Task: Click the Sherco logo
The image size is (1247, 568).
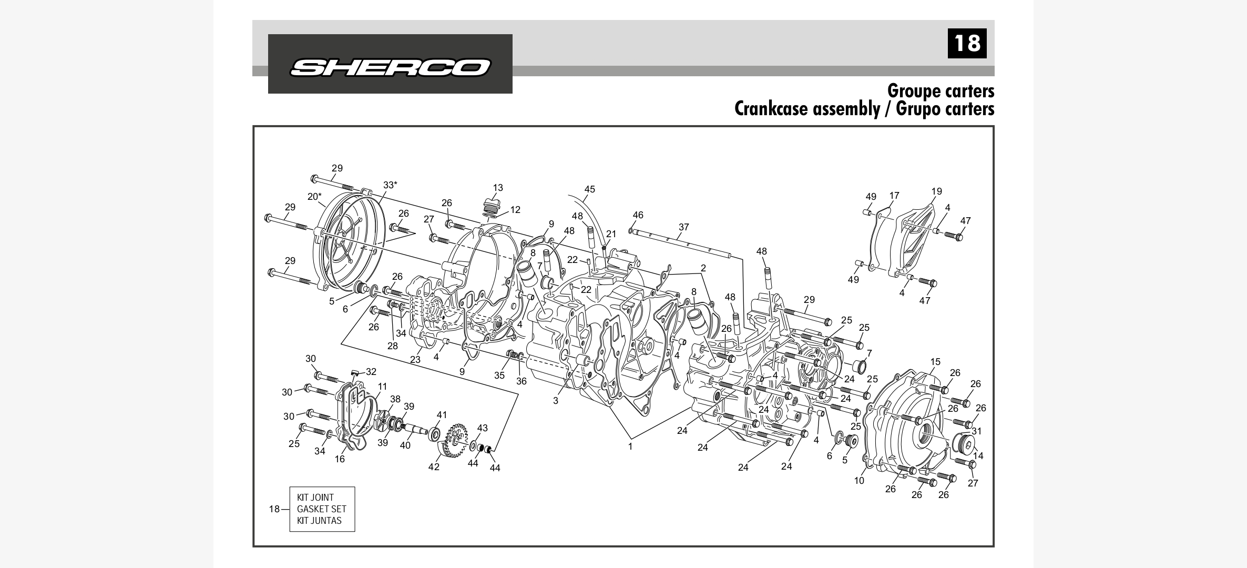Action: (390, 67)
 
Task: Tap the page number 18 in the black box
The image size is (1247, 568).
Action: (967, 43)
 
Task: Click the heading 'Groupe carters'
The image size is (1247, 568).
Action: (941, 90)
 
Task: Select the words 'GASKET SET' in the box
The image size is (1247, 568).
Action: (321, 509)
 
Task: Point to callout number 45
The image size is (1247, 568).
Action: (589, 189)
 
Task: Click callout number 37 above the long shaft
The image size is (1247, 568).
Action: (683, 227)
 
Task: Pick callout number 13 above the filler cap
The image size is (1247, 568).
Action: (498, 188)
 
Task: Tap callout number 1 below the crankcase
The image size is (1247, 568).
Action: (630, 447)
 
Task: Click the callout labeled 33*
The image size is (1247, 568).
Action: (390, 185)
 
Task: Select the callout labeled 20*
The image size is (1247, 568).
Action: (314, 197)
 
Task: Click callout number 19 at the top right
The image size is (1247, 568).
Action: (936, 191)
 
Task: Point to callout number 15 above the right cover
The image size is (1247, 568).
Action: (935, 362)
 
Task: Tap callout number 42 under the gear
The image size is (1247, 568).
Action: (433, 467)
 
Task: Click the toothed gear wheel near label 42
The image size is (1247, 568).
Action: (455, 439)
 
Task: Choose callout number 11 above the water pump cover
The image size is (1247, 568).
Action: (382, 387)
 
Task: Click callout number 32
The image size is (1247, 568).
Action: (371, 372)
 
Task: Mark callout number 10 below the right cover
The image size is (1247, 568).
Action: (859, 481)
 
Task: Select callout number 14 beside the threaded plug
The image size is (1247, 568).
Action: (978, 456)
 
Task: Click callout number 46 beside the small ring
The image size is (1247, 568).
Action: (638, 215)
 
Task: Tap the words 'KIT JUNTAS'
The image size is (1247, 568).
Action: (319, 521)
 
